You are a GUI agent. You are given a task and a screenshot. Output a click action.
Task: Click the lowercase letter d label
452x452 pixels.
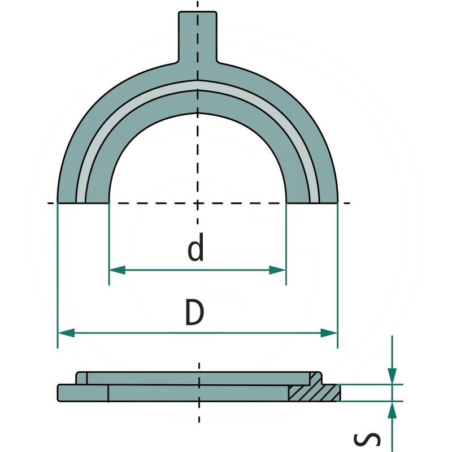(x=195, y=247)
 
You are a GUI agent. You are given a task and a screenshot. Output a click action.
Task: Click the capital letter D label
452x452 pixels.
(x=194, y=312)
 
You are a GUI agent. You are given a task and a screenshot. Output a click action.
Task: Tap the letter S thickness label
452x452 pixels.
(x=367, y=440)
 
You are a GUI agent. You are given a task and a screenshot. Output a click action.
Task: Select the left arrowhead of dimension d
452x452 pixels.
(x=118, y=270)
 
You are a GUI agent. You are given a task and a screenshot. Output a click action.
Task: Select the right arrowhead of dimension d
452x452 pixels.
(x=277, y=270)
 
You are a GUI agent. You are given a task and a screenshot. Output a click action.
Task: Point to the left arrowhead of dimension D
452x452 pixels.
(x=66, y=333)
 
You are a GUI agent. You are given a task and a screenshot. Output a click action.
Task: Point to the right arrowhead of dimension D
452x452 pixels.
(x=329, y=333)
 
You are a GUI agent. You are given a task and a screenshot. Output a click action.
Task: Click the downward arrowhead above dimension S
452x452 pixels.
(x=392, y=376)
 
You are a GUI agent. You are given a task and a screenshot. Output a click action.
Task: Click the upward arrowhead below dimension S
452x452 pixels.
(x=392, y=410)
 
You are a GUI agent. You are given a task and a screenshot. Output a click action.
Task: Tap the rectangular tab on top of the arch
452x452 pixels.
(x=197, y=37)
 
